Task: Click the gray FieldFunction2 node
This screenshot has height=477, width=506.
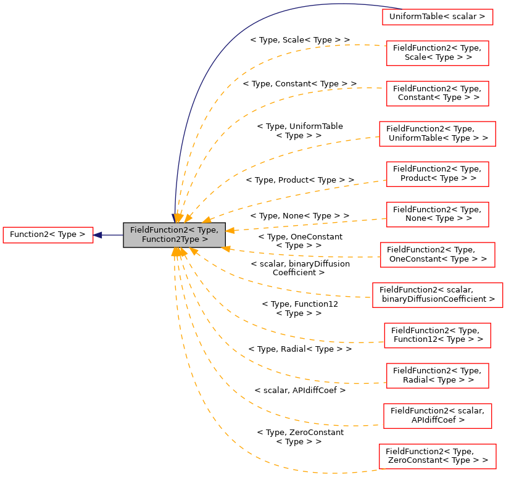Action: (x=174, y=235)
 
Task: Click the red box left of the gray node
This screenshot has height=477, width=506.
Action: (x=48, y=235)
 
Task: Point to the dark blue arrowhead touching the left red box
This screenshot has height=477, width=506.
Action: (x=97, y=235)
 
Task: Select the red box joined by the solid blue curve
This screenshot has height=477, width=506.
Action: (x=438, y=17)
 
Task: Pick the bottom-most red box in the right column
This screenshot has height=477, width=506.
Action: (x=438, y=457)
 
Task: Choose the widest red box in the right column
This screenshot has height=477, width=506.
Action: (x=438, y=295)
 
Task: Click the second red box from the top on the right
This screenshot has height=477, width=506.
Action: (x=438, y=53)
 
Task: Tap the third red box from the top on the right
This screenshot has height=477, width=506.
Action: (x=438, y=94)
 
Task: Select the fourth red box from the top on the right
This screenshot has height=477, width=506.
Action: (x=438, y=134)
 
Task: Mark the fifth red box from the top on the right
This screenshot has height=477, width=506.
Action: (x=438, y=174)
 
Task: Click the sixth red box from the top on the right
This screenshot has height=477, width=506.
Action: (x=438, y=215)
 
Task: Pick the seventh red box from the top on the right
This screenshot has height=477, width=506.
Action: (x=438, y=255)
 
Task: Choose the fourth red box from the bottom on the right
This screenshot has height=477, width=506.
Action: (x=438, y=336)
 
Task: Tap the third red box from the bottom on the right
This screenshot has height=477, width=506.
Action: (x=438, y=376)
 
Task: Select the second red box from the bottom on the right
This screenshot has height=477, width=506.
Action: (x=438, y=416)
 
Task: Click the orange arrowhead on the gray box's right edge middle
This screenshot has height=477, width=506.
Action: (x=230, y=230)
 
